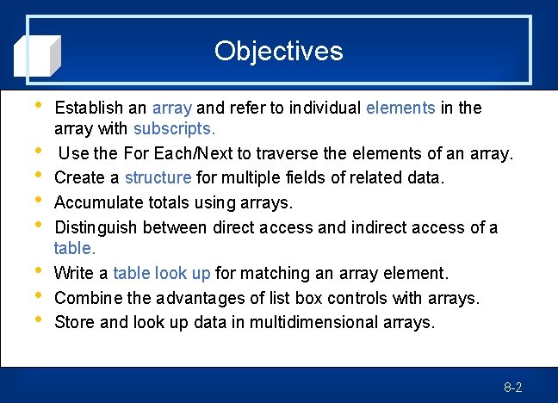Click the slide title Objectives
pyautogui.click(x=278, y=51)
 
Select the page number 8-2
pyautogui.click(x=513, y=387)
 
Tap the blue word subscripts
pyautogui.click(x=174, y=128)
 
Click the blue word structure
pyautogui.click(x=158, y=178)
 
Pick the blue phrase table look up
pyautogui.click(x=162, y=274)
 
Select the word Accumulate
pyautogui.click(x=95, y=203)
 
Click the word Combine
pyautogui.click(x=84, y=298)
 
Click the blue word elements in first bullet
pyautogui.click(x=400, y=108)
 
